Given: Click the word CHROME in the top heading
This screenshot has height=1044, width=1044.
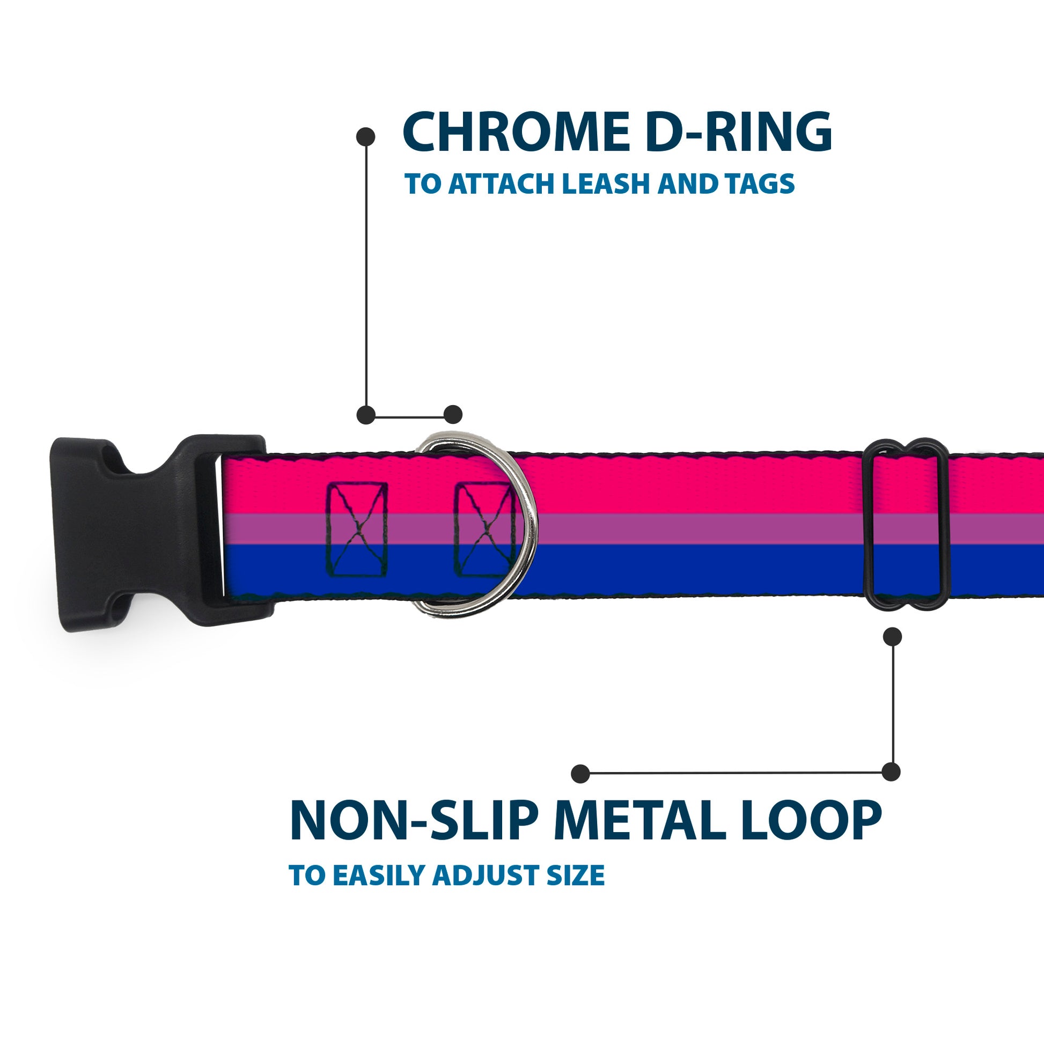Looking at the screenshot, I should (x=516, y=132).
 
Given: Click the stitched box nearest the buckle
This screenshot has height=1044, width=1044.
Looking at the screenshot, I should (x=357, y=530).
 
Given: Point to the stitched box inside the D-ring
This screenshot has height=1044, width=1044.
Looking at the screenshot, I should (x=484, y=530).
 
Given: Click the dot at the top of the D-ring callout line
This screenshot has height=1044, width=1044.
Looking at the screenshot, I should (x=366, y=137).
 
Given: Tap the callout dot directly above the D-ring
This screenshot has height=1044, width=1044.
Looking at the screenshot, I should (x=453, y=415).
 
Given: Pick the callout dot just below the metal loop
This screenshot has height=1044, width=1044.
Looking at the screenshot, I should (x=892, y=637).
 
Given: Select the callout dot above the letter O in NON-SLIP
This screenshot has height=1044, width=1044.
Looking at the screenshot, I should (x=580, y=774).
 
